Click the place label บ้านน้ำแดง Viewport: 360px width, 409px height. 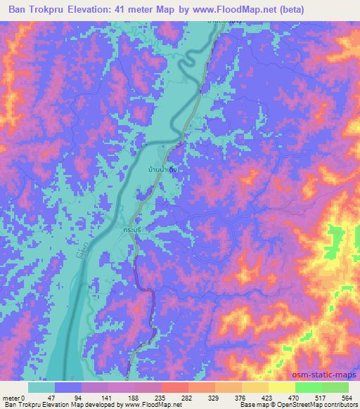click(x=162, y=169)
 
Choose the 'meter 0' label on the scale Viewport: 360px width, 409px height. click(x=14, y=397)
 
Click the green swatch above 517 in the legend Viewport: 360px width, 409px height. click(x=309, y=387)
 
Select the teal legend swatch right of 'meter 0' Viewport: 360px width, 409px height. click(x=41, y=387)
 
